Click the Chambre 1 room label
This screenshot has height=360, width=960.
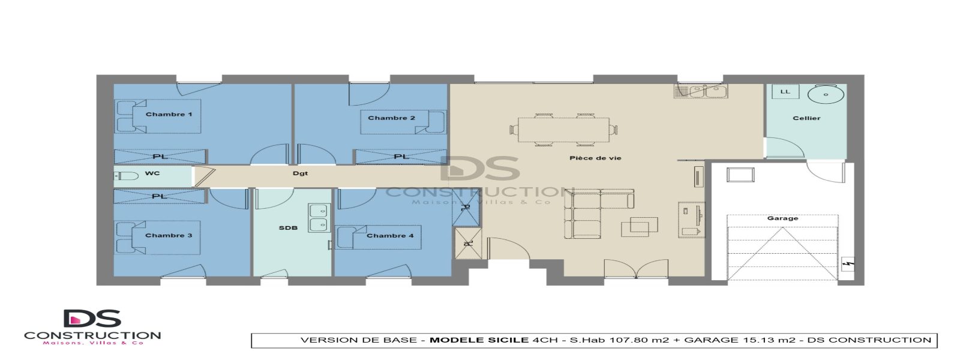(x=169, y=114)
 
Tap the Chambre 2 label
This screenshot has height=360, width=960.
(x=391, y=118)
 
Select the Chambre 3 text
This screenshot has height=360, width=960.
(x=169, y=235)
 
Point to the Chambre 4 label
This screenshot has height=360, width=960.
(x=390, y=235)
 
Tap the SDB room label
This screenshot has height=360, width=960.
(x=288, y=228)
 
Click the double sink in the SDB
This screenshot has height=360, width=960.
(x=318, y=218)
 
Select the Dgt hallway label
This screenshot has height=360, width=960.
(x=300, y=173)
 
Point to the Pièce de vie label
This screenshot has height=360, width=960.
(x=595, y=158)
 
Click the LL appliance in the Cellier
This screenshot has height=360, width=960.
(x=785, y=92)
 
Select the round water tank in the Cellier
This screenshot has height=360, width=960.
(x=826, y=95)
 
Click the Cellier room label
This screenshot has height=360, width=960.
(x=806, y=118)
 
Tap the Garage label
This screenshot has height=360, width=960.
(x=782, y=218)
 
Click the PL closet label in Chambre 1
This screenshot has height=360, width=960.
(x=160, y=157)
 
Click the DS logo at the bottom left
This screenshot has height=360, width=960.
(x=92, y=319)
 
